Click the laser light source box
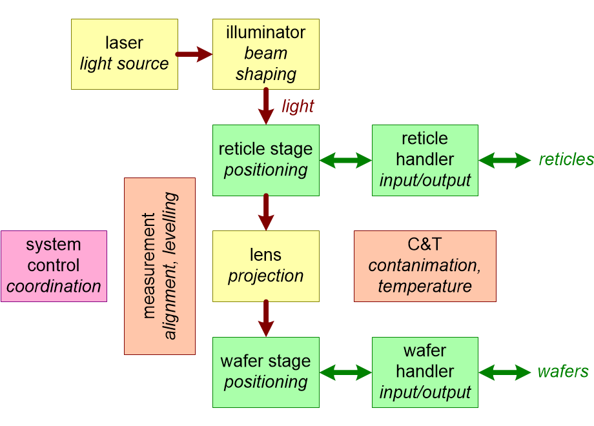coord(125,54)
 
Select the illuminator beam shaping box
coord(266,54)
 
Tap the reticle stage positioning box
coord(266,160)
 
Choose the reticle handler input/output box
coord(425,160)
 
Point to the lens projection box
coord(266,266)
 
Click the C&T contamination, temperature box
coord(425,266)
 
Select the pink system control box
coord(54,266)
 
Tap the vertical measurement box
coord(160,266)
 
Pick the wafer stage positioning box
coord(266,372)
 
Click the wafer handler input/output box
coord(425,372)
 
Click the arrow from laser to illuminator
coord(194,54)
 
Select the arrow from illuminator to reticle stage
coord(266,106)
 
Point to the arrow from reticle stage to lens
coord(266,212)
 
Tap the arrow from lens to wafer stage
coord(266,318)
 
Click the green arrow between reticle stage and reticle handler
coord(345,160)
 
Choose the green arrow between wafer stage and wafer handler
coord(345,372)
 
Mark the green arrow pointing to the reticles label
coord(505,160)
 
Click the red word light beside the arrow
coord(298,107)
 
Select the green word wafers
coord(563,372)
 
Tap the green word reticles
coord(566,159)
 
